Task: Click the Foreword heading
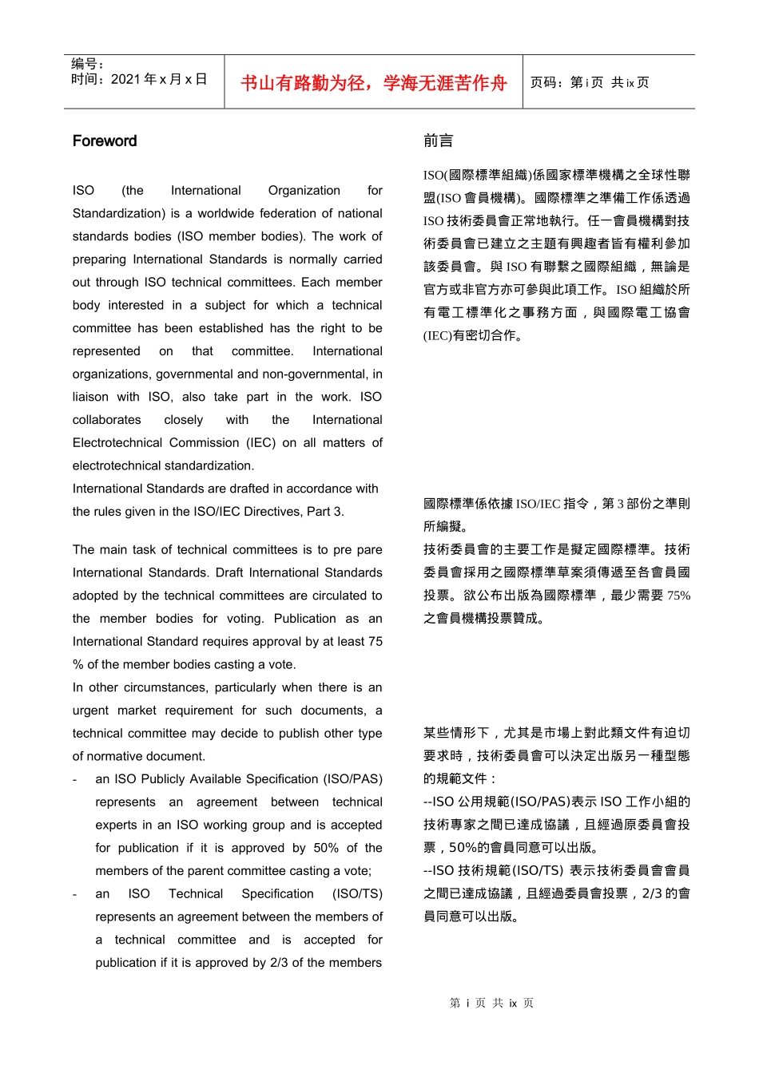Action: coord(105,141)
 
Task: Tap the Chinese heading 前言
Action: coord(438,141)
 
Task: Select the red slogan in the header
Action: coord(374,83)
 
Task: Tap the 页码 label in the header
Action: coord(546,82)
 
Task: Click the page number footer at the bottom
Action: coord(491,1003)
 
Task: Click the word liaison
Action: coord(90,397)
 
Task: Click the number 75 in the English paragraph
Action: coord(375,641)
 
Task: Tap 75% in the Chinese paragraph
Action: coord(678,596)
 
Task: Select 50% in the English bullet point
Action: coord(326,848)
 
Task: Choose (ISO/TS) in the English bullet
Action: coord(357,893)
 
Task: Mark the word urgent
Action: coord(90,710)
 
